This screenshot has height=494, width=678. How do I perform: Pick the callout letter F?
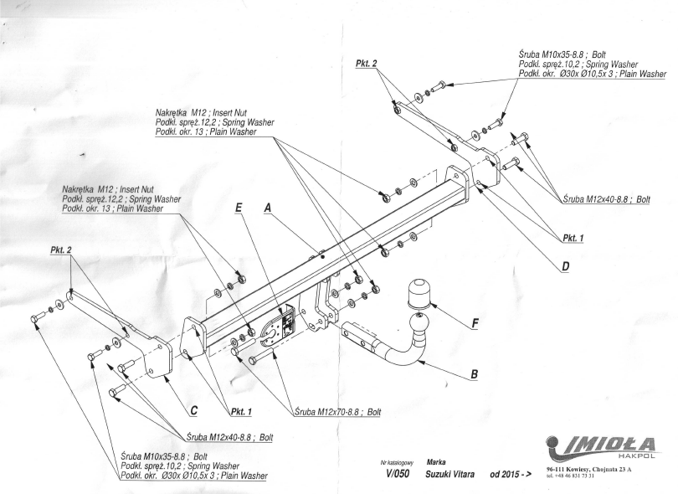pyautogui.click(x=475, y=322)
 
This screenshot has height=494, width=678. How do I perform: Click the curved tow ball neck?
pyautogui.click(x=403, y=348)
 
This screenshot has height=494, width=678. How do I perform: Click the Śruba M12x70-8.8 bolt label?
pyautogui.click(x=337, y=412)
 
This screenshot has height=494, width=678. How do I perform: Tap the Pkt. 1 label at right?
pyautogui.click(x=573, y=238)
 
